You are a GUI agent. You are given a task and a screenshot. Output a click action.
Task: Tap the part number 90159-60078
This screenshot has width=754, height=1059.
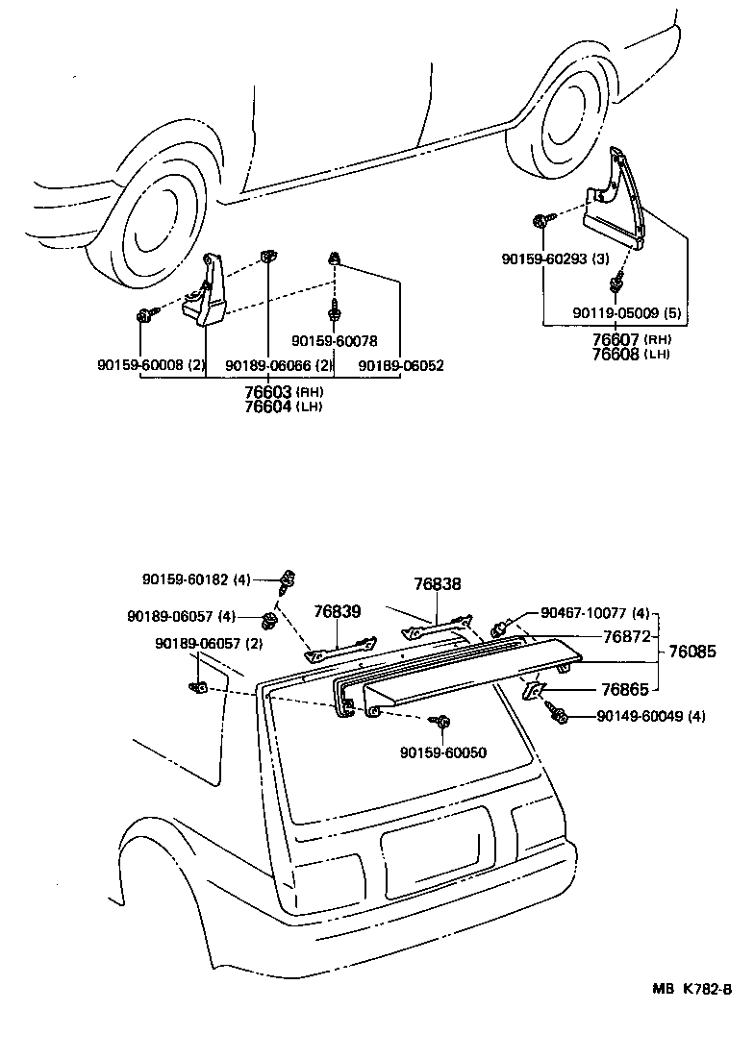coord(334,340)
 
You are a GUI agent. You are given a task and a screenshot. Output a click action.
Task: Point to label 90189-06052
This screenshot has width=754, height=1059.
coord(401,365)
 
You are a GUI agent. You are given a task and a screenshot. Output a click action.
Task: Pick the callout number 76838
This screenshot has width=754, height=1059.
coord(438,583)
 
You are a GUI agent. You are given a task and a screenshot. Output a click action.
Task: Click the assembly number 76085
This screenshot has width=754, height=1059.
coord(692,651)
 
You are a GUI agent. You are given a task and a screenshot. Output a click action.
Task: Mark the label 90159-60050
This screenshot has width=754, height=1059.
coord(444,751)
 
